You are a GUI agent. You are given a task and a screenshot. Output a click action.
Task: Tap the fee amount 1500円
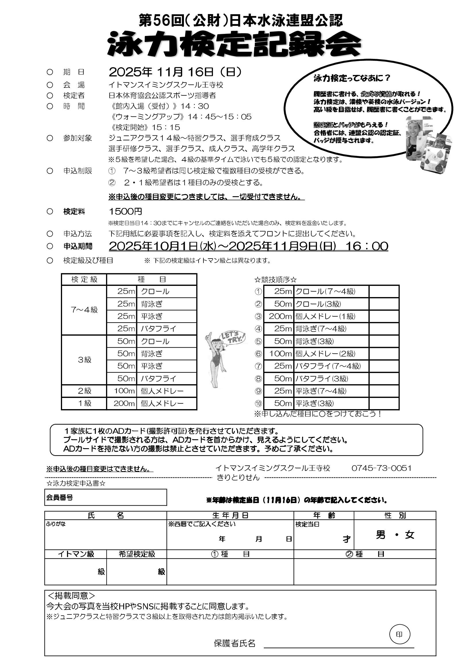coord(125,211)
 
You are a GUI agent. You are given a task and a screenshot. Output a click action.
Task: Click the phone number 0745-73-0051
coord(381,468)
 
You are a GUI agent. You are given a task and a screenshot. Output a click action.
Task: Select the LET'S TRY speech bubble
coord(233,338)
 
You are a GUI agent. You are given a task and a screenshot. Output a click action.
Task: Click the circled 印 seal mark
coord(399,634)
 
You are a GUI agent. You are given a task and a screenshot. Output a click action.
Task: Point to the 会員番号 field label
coord(60,497)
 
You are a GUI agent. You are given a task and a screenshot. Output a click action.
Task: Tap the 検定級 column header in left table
coord(84,280)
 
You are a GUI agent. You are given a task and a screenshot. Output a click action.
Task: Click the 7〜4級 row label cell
coord(84,310)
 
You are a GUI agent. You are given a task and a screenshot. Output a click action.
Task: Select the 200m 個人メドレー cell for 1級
coord(151,403)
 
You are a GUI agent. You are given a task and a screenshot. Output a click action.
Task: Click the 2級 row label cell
coord(84,391)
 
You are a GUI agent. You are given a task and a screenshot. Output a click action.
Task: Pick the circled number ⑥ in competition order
coord(258,354)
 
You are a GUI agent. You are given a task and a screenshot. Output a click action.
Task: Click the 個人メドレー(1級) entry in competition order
coord(325,316)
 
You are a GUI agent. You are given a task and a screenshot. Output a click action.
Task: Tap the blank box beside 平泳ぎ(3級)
coord(384,403)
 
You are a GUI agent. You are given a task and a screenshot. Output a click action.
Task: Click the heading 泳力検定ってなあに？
coord(352,78)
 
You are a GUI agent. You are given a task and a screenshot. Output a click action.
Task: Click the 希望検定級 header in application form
coord(137,554)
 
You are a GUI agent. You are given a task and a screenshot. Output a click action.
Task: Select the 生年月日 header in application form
coord(230,515)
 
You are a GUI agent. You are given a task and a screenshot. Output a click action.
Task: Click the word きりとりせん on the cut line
coord(238,477)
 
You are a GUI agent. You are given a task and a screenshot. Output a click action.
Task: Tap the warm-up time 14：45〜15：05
coord(220,117)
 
